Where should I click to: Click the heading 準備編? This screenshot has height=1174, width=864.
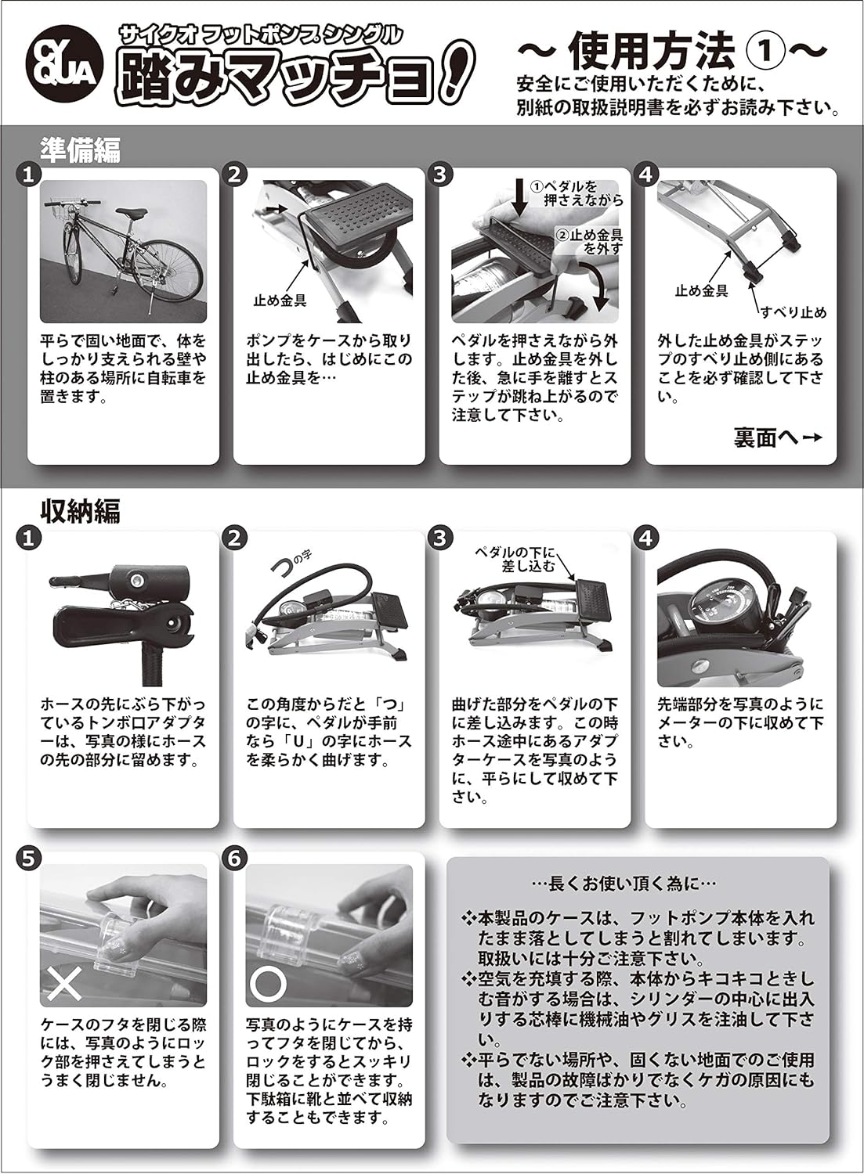(80, 149)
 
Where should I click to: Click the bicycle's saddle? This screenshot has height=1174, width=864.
(134, 211)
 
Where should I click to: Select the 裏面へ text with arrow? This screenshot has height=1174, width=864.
(777, 438)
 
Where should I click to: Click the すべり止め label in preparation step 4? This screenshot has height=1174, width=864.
(793, 312)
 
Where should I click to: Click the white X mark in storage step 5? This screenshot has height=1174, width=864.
(64, 984)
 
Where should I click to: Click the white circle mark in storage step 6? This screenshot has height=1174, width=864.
(269, 984)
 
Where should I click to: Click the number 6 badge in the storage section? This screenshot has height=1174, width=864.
(233, 857)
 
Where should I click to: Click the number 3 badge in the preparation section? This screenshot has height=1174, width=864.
(439, 175)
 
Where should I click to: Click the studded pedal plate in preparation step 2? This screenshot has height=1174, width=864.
(354, 213)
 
